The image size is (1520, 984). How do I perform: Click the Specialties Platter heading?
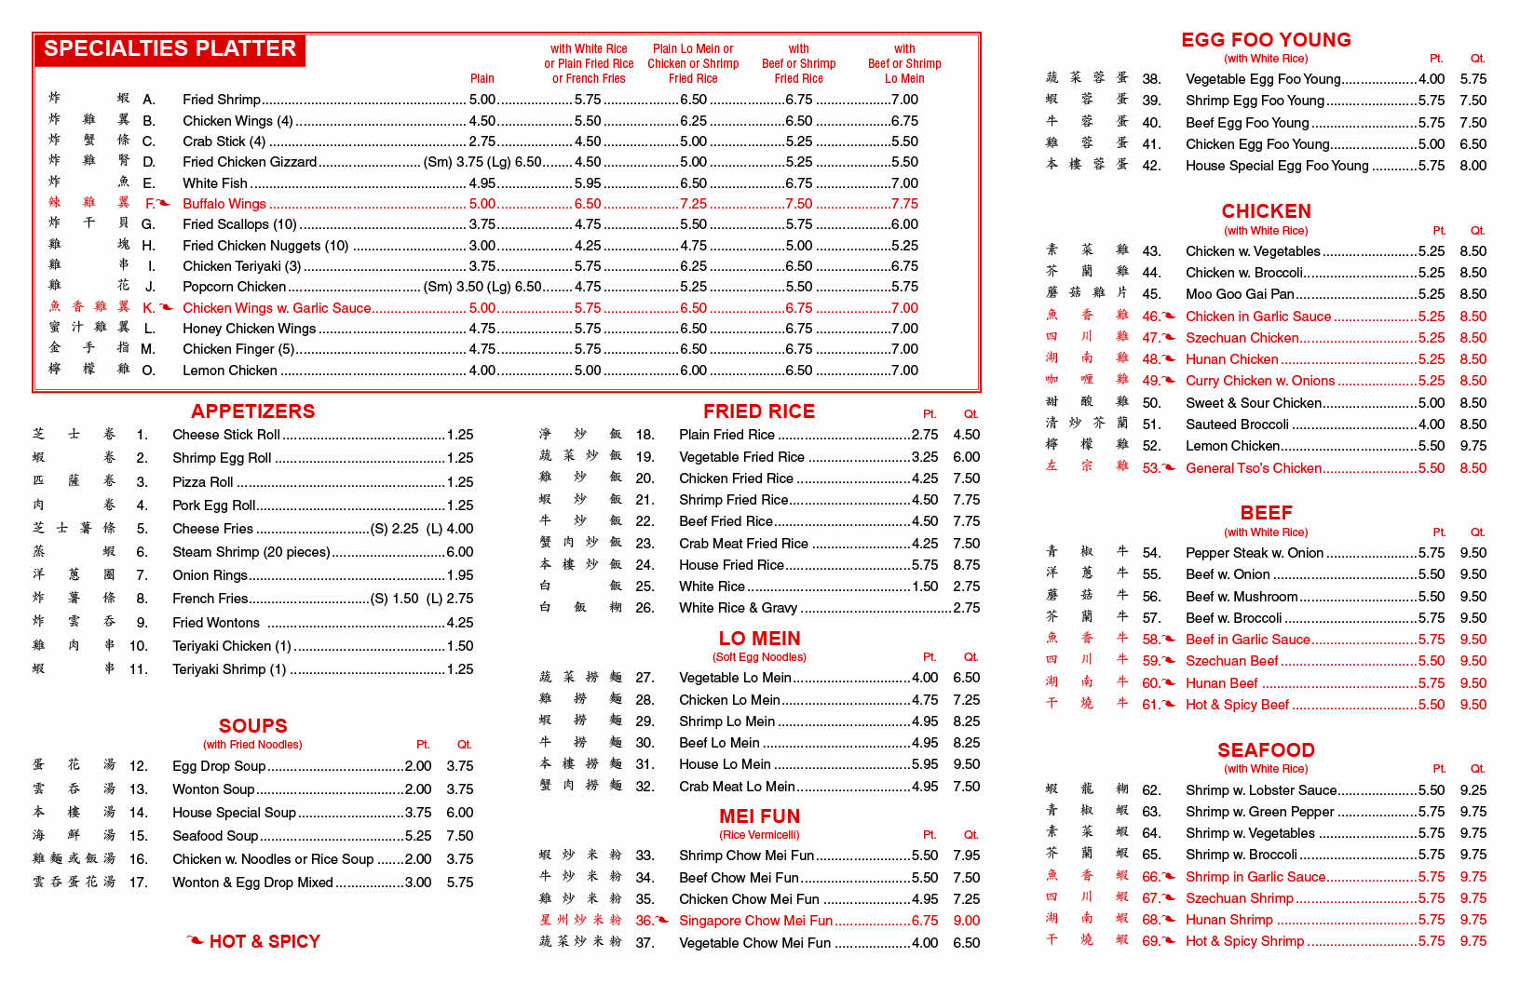click(170, 49)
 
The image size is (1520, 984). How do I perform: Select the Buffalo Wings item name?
click(224, 204)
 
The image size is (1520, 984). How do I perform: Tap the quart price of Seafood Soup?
click(459, 836)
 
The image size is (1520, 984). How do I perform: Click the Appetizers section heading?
click(252, 411)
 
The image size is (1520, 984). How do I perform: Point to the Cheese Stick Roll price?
click(459, 435)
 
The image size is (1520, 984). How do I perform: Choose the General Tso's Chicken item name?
click(1253, 468)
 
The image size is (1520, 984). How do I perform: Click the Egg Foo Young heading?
click(1266, 40)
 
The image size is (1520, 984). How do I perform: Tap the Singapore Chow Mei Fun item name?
click(755, 921)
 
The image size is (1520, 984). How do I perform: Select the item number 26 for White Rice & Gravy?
click(645, 608)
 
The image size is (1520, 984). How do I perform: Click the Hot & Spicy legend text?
click(265, 941)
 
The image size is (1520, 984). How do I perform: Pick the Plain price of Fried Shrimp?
click(482, 100)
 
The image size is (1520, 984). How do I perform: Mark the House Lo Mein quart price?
click(966, 764)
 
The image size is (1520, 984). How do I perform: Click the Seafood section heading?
click(1266, 750)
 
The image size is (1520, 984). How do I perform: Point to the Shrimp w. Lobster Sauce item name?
click(1261, 790)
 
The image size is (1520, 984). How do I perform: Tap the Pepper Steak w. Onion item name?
click(1254, 553)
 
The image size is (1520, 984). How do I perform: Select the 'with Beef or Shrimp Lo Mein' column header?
click(904, 63)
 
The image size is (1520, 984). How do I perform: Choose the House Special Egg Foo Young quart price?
click(1472, 166)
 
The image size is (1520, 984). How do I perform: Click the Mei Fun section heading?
click(759, 816)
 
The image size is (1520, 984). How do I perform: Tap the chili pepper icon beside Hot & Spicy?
click(196, 941)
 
